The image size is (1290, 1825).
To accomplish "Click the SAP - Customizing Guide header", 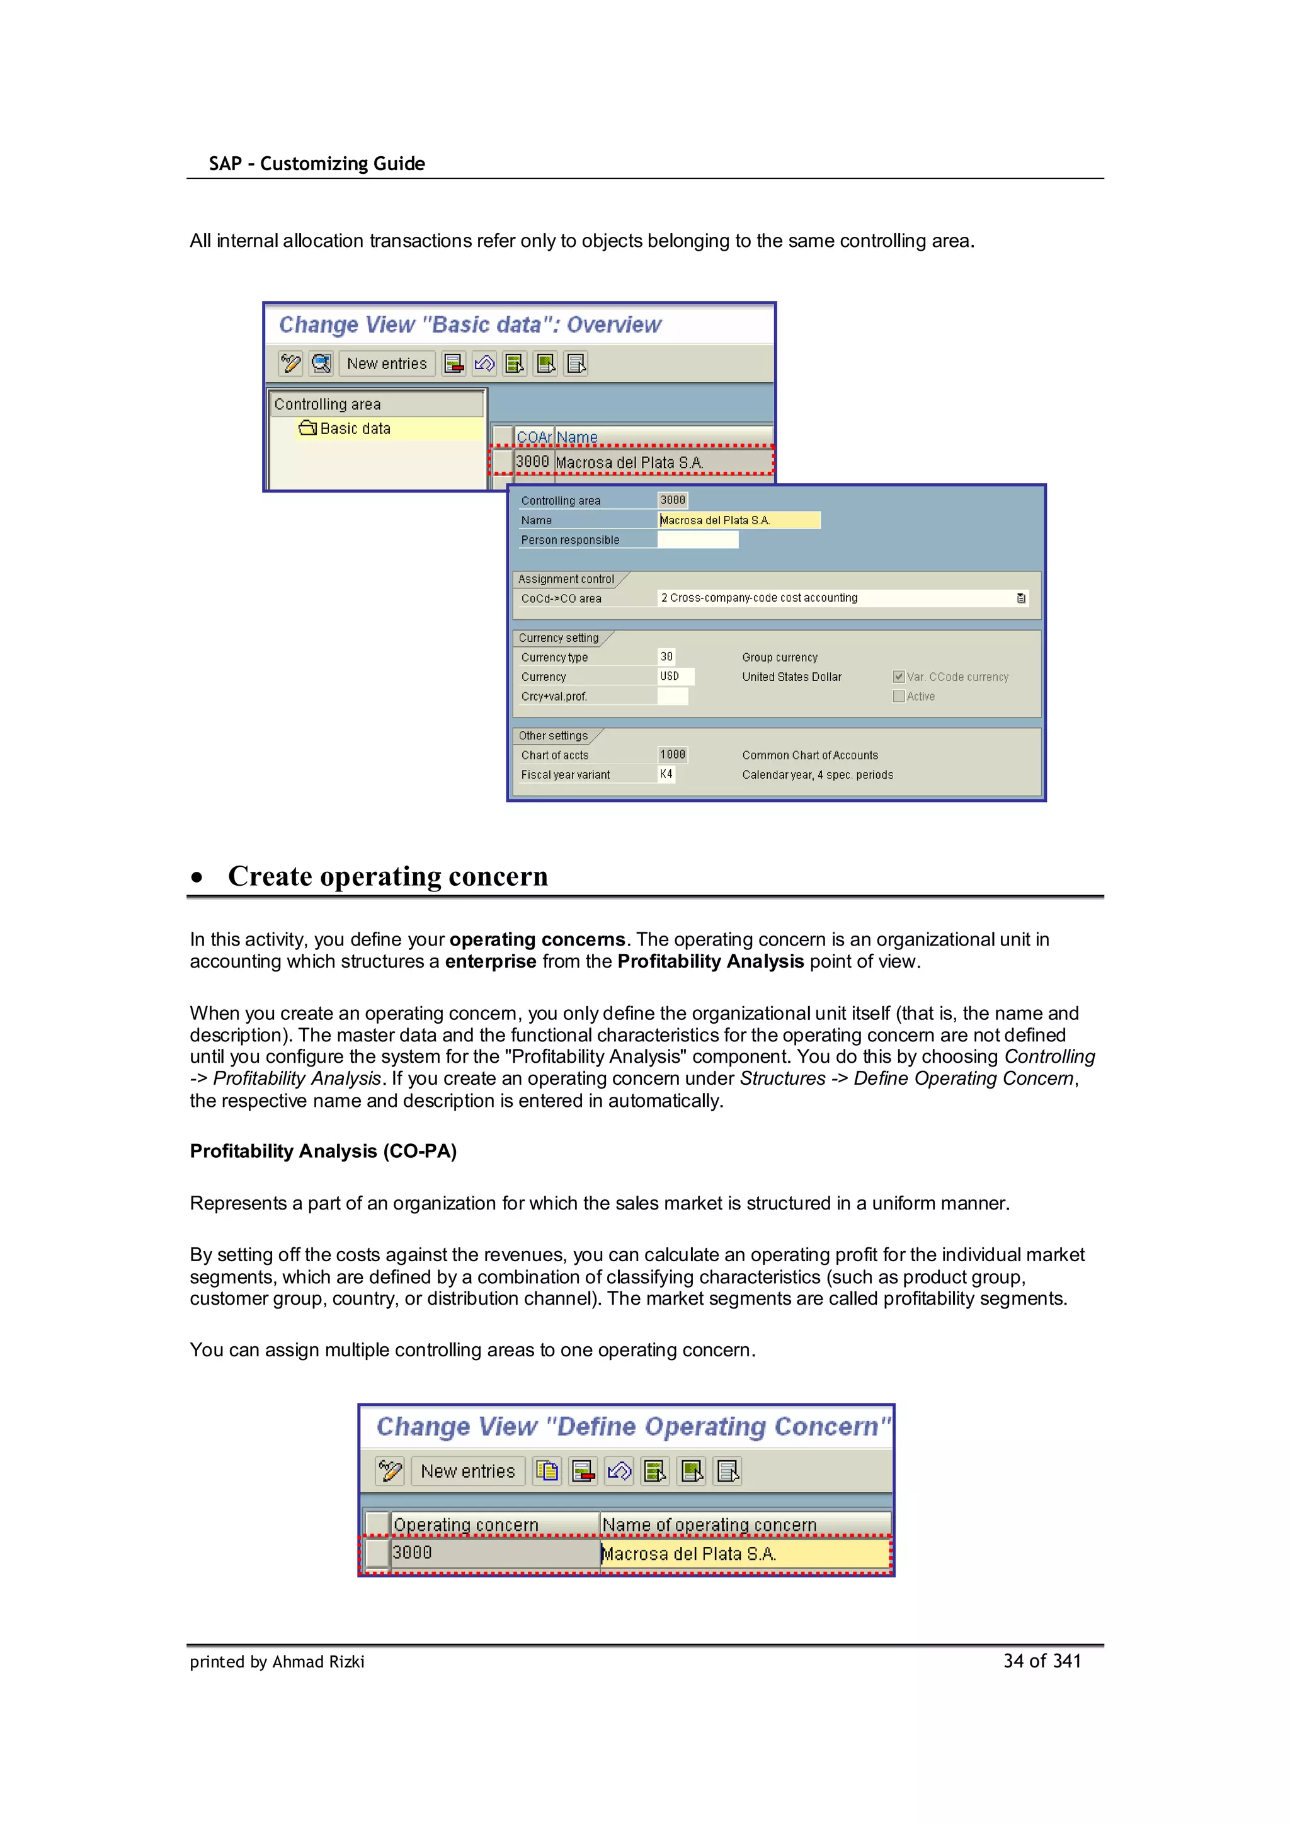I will [316, 164].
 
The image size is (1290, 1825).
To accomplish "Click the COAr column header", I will [534, 437].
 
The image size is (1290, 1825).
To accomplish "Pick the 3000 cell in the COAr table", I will [532, 462].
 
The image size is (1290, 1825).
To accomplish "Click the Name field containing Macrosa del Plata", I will [738, 520].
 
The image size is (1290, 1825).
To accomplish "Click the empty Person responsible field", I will [697, 540].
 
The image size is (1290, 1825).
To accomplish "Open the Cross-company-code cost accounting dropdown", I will [1020, 598].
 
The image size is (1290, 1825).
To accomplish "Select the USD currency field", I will [675, 677].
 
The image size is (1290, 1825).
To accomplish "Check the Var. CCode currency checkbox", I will [898, 677].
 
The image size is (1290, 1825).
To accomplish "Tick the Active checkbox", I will [898, 696].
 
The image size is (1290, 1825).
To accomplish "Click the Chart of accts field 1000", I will [673, 754].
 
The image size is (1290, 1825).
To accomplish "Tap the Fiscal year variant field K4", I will [666, 774].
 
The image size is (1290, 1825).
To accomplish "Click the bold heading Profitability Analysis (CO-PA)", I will [322, 1151].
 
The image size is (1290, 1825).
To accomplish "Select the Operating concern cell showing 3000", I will [493, 1552].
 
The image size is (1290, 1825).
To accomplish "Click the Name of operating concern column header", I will [709, 1525].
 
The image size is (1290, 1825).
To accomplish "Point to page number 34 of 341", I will [1041, 1661].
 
